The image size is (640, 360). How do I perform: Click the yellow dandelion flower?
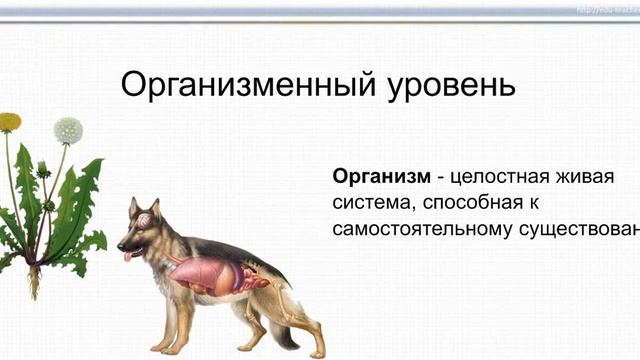pos(10,122)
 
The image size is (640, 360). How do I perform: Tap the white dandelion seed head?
pos(68,129)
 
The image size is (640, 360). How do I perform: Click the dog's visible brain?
pos(143,219)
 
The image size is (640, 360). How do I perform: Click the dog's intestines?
pos(246,275)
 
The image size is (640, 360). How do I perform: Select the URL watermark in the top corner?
pos(606,9)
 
